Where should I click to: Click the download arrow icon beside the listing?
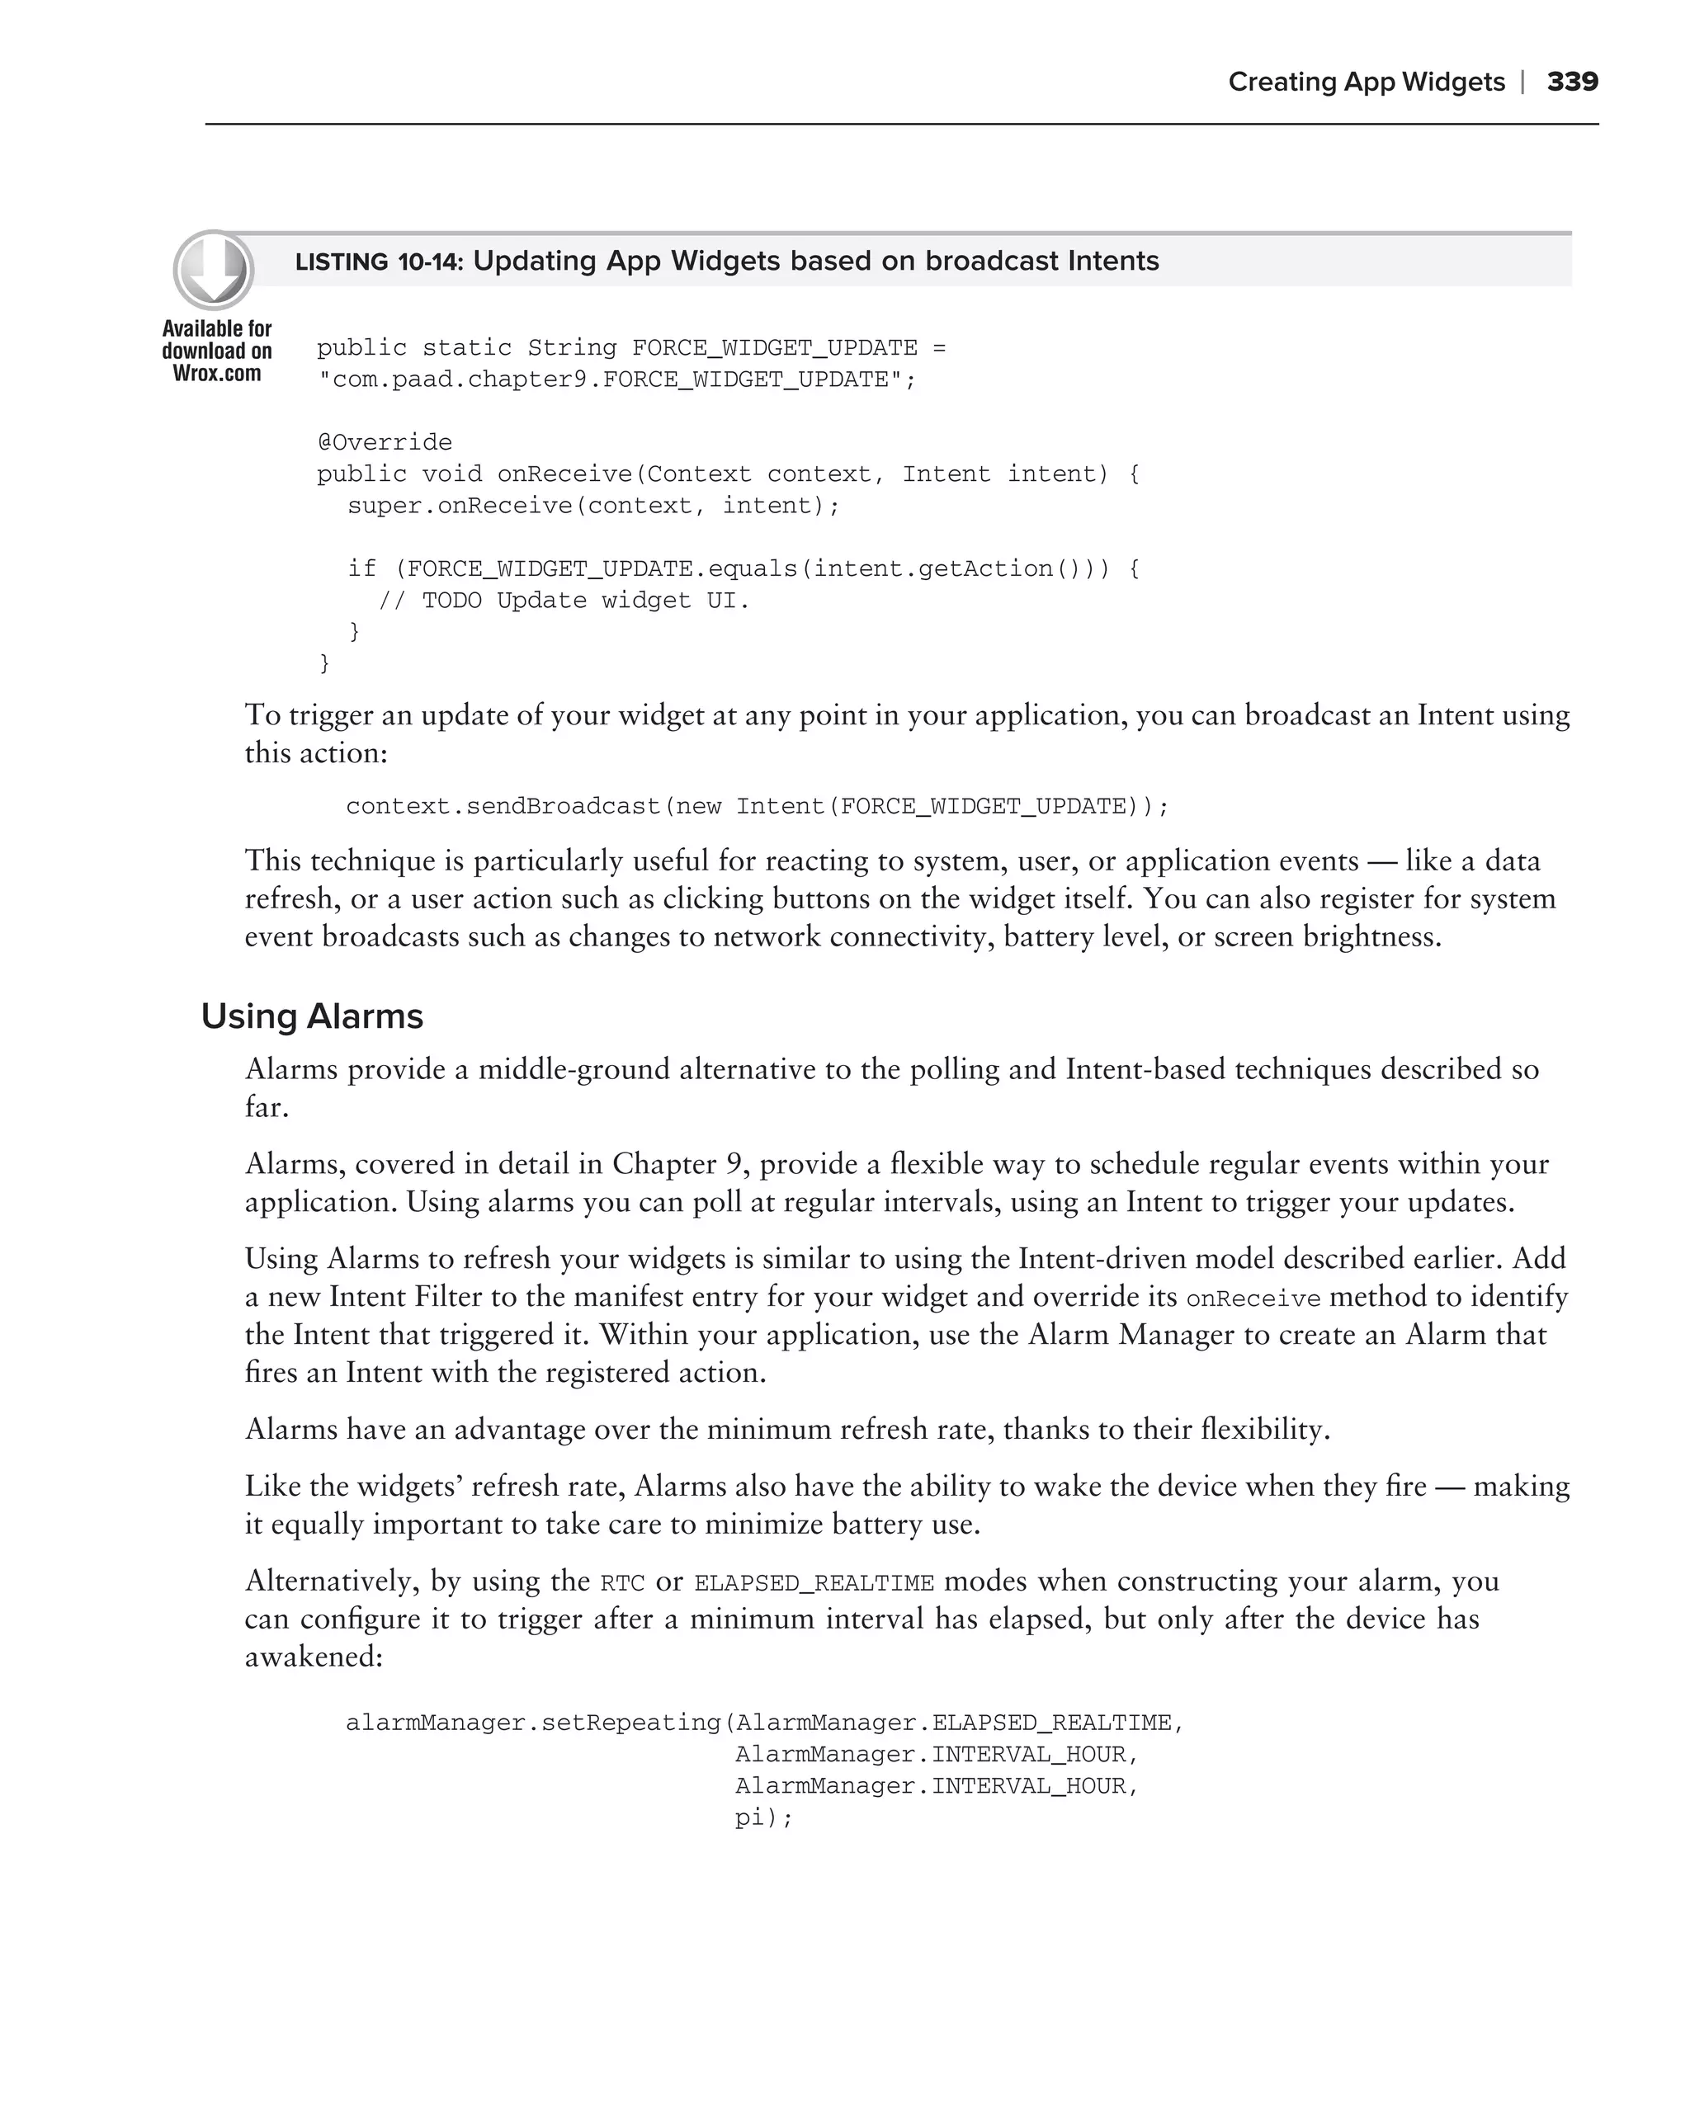[x=214, y=270]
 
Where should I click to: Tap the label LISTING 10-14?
[x=379, y=262]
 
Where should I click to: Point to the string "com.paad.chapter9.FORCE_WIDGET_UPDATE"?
[x=616, y=380]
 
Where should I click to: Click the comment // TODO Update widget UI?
[x=564, y=601]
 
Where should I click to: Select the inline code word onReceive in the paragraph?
[x=1253, y=1299]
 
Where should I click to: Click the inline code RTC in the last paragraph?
[x=622, y=1583]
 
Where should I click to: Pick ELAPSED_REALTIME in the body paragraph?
[x=813, y=1583]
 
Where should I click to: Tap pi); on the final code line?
[x=763, y=1818]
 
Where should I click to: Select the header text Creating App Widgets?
[x=1366, y=82]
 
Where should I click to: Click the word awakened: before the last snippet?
[x=314, y=1657]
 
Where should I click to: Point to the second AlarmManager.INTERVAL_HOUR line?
[x=937, y=1787]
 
